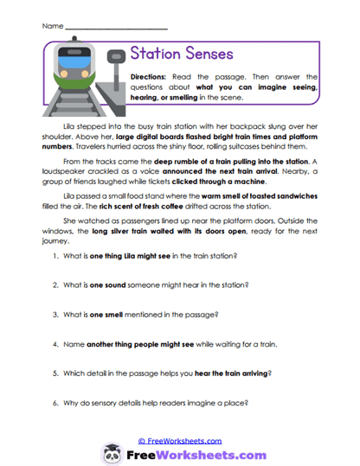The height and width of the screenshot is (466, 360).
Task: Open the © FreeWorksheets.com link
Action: [179, 440]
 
